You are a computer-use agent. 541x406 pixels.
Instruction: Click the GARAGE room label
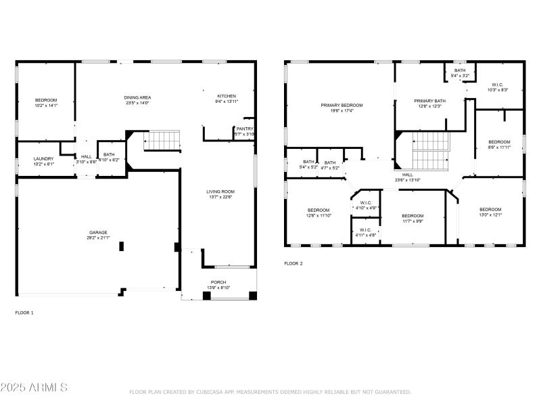pos(99,232)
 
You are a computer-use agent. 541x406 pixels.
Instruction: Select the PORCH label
pos(218,282)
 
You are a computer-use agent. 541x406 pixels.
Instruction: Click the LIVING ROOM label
pos(220,191)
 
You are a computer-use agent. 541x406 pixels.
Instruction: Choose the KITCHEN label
pos(227,96)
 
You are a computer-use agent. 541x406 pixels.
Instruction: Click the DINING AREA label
pos(137,97)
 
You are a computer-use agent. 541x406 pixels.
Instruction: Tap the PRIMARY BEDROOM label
pos(342,105)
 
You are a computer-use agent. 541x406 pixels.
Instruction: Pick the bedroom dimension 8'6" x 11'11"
pos(499,147)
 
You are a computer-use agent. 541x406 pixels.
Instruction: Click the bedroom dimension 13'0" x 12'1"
pos(490,215)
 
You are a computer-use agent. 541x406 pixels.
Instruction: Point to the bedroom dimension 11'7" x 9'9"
pos(413,221)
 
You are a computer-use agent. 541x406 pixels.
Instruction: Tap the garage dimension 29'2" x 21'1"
pos(99,238)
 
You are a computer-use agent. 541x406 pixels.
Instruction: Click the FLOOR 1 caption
pos(24,313)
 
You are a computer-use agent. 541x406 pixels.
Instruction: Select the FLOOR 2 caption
pos(293,263)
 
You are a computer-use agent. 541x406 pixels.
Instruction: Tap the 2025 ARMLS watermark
pos(34,388)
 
